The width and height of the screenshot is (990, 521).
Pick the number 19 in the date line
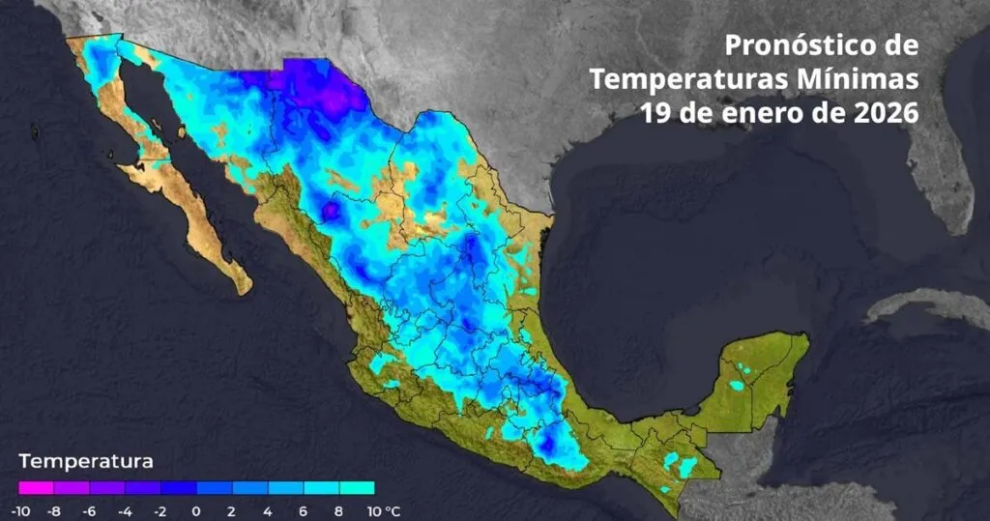pyautogui.click(x=655, y=111)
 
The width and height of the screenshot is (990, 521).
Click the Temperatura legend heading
pyautogui.click(x=85, y=461)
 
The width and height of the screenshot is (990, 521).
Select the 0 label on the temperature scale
pyautogui.click(x=196, y=509)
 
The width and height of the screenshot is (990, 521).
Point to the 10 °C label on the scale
pyautogui.click(x=380, y=509)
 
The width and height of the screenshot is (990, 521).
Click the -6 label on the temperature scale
pyautogui.click(x=90, y=509)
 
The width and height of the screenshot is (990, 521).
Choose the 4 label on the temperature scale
pyautogui.click(x=268, y=509)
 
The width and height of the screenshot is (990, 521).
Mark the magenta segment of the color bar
pyautogui.click(x=36, y=488)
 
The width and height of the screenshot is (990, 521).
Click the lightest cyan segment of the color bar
pyautogui.click(x=356, y=488)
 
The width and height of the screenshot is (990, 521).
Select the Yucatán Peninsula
pyautogui.click(x=759, y=372)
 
